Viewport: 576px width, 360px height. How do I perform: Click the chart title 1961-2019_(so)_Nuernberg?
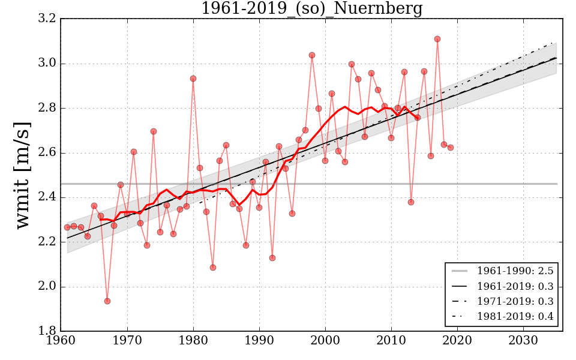(311, 9)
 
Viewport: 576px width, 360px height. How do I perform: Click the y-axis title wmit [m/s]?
(23, 175)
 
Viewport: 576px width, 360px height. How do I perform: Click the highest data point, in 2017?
(437, 39)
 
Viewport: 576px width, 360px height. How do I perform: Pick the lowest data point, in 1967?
(107, 301)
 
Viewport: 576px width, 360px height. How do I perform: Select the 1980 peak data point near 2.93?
(193, 79)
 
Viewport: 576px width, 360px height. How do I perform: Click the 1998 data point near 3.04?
(312, 55)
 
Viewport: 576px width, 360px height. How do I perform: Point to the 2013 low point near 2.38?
(411, 202)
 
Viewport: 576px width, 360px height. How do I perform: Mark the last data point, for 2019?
(451, 148)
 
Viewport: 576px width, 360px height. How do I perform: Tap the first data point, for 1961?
(67, 227)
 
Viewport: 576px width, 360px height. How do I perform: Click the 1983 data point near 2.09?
(213, 268)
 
